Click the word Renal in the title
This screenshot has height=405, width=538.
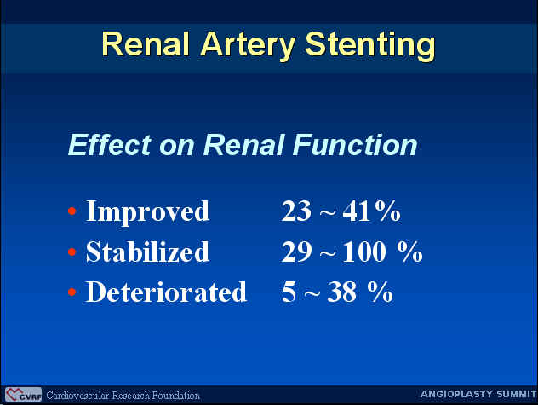point(146,44)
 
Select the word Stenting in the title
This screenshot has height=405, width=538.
point(370,46)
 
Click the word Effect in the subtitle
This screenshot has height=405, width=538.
point(110,145)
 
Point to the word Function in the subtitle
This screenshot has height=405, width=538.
point(355,145)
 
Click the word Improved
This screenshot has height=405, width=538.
point(147,212)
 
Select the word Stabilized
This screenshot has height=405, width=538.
point(147,252)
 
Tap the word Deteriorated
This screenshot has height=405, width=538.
point(166,292)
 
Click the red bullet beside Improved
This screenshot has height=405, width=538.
point(72,211)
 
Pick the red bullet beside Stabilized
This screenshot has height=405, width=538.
point(72,252)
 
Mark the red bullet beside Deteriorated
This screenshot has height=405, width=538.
point(72,292)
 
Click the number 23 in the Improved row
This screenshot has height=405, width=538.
point(296,211)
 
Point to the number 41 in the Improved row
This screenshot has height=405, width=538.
point(357,211)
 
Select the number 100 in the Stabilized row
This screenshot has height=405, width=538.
point(364,252)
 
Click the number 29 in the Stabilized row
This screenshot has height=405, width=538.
point(297,252)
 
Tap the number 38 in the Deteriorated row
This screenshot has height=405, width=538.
point(341,292)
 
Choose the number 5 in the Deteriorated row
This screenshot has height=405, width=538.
point(289,292)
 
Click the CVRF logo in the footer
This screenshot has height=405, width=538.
point(23,395)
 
